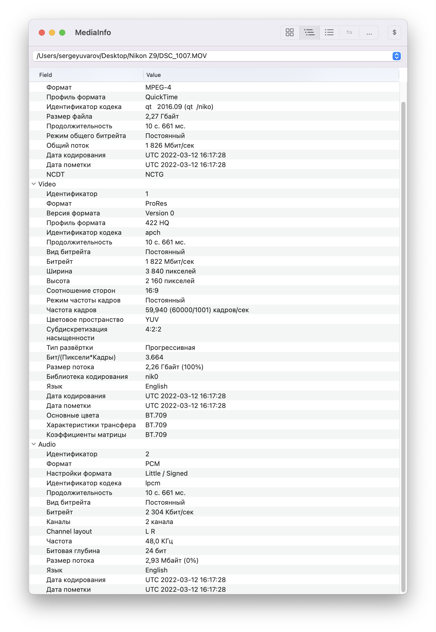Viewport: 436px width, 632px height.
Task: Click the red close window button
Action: (42, 33)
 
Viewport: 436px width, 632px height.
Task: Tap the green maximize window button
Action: (62, 33)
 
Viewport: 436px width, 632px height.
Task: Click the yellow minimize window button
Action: (52, 33)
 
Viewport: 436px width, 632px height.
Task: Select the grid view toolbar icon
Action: (290, 32)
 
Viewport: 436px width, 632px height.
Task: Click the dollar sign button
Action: (394, 32)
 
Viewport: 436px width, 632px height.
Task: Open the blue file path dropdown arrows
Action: (396, 56)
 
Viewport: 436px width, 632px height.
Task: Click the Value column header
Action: (153, 75)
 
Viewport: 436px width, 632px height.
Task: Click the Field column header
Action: (45, 75)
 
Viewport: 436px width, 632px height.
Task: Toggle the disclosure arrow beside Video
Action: (34, 184)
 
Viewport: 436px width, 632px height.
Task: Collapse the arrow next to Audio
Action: (34, 444)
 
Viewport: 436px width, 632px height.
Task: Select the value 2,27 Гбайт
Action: (162, 116)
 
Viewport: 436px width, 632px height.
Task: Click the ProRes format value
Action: (156, 203)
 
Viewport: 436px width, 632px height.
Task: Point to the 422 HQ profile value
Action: (157, 223)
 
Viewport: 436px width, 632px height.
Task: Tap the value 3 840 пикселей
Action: (171, 271)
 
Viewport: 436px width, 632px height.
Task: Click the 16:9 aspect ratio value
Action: (152, 291)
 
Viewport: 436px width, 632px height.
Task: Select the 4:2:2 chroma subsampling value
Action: (153, 329)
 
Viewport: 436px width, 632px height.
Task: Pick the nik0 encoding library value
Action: (152, 377)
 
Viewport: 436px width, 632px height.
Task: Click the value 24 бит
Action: (156, 551)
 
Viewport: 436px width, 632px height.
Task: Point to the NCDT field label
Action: (56, 175)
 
